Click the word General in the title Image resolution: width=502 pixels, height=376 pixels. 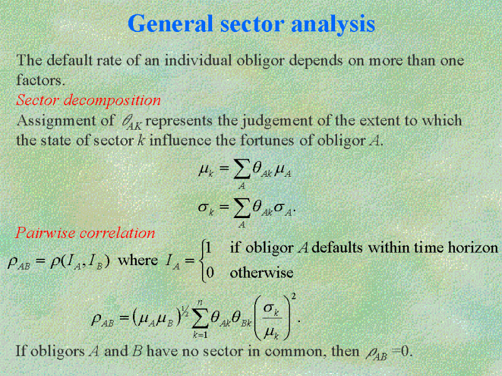coord(170,24)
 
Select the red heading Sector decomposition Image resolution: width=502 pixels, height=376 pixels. coord(88,100)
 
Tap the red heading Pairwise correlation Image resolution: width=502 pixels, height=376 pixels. coord(85,232)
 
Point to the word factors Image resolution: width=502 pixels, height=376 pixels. coord(40,80)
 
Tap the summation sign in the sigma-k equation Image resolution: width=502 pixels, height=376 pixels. coord(242,208)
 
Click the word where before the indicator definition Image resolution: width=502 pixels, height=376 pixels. coord(137,260)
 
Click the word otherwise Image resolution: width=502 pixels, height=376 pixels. coord(262,273)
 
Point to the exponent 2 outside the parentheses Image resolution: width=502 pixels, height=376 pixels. coord(294,297)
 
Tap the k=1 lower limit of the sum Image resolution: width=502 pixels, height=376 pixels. coord(200,335)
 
